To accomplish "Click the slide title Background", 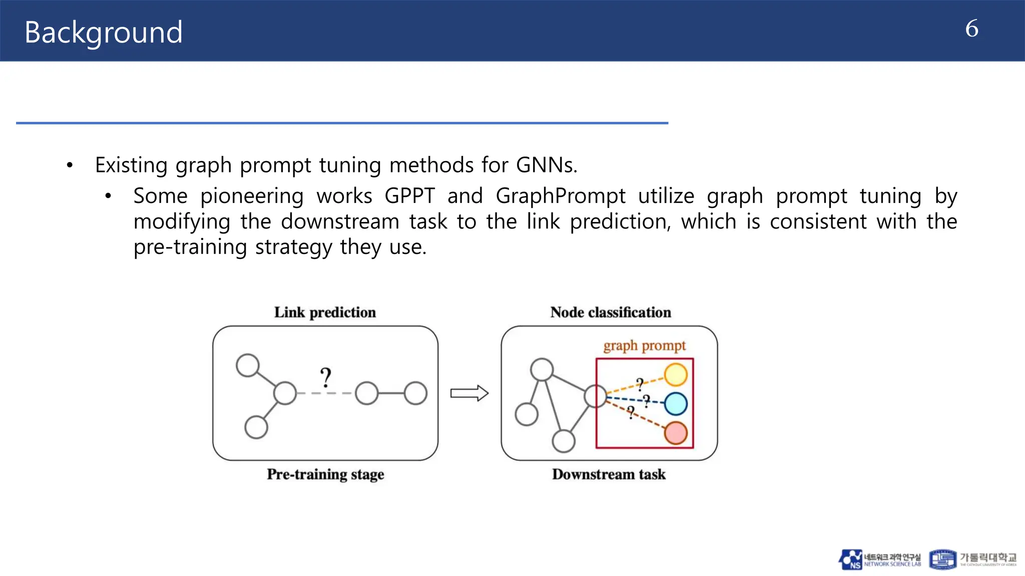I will (x=103, y=32).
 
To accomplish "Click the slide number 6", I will (x=971, y=28).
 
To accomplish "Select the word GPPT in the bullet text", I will (x=409, y=195).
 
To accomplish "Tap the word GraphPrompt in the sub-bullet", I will (x=561, y=195).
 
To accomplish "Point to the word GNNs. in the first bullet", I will (x=547, y=165).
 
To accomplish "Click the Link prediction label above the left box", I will (x=325, y=312).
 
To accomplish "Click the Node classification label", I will (x=610, y=312).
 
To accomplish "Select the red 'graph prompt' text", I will (x=644, y=345).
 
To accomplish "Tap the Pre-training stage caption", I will (x=325, y=474).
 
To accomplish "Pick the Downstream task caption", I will (x=609, y=474).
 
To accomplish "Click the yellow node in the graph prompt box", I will (x=676, y=375).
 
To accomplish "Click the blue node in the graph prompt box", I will (x=676, y=404).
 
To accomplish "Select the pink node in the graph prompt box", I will (x=676, y=433).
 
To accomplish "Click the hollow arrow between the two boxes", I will (x=469, y=393).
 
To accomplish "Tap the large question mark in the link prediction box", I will (x=326, y=377).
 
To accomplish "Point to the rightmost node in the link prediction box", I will (x=415, y=393).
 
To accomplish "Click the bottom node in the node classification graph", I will (x=564, y=441).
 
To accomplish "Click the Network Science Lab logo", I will (x=879, y=559).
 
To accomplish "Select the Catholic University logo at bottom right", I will (x=972, y=559).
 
